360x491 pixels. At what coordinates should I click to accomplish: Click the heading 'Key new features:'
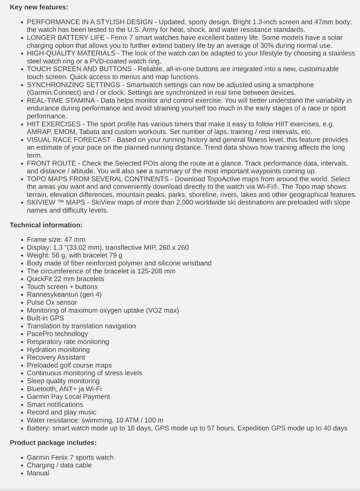[x=39, y=7]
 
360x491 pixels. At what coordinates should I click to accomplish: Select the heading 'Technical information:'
[x=46, y=225]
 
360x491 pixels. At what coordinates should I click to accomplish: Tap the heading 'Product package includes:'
[x=53, y=443]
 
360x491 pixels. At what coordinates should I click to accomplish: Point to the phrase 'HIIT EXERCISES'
[x=54, y=124]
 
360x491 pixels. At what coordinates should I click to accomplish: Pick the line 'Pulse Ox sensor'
[x=52, y=302]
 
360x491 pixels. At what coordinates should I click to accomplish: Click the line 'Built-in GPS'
[x=45, y=318]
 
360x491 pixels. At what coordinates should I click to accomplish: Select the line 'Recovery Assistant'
[x=56, y=357]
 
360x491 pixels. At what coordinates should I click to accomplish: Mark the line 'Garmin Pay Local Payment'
[x=68, y=396]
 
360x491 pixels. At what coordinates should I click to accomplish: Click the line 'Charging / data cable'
[x=59, y=465]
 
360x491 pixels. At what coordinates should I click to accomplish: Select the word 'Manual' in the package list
[x=38, y=473]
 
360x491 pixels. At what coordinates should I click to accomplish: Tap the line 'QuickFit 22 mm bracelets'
[x=65, y=279]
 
